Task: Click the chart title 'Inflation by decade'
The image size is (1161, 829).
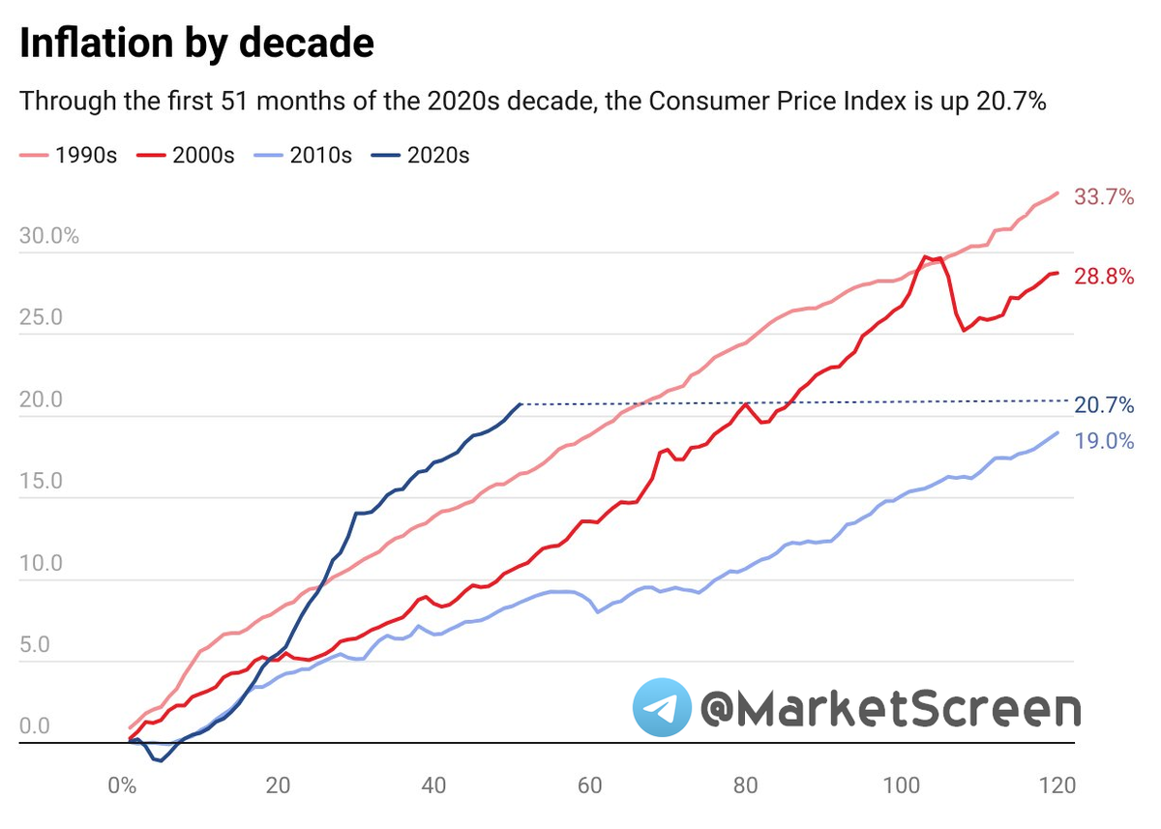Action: [196, 44]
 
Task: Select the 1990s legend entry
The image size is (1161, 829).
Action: [68, 155]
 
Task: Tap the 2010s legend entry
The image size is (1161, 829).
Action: [304, 155]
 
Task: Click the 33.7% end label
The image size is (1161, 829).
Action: [1104, 197]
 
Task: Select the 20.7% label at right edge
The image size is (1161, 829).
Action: [1104, 406]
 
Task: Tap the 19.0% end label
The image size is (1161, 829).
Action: [1104, 441]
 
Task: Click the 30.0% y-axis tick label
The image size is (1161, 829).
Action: [48, 237]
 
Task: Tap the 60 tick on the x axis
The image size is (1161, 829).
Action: [589, 785]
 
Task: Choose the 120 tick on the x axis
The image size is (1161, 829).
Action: [1057, 785]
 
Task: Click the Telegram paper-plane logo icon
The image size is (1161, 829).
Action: [662, 707]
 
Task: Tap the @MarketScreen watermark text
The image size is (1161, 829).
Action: [890, 709]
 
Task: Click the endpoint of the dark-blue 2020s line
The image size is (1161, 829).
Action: [520, 403]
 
